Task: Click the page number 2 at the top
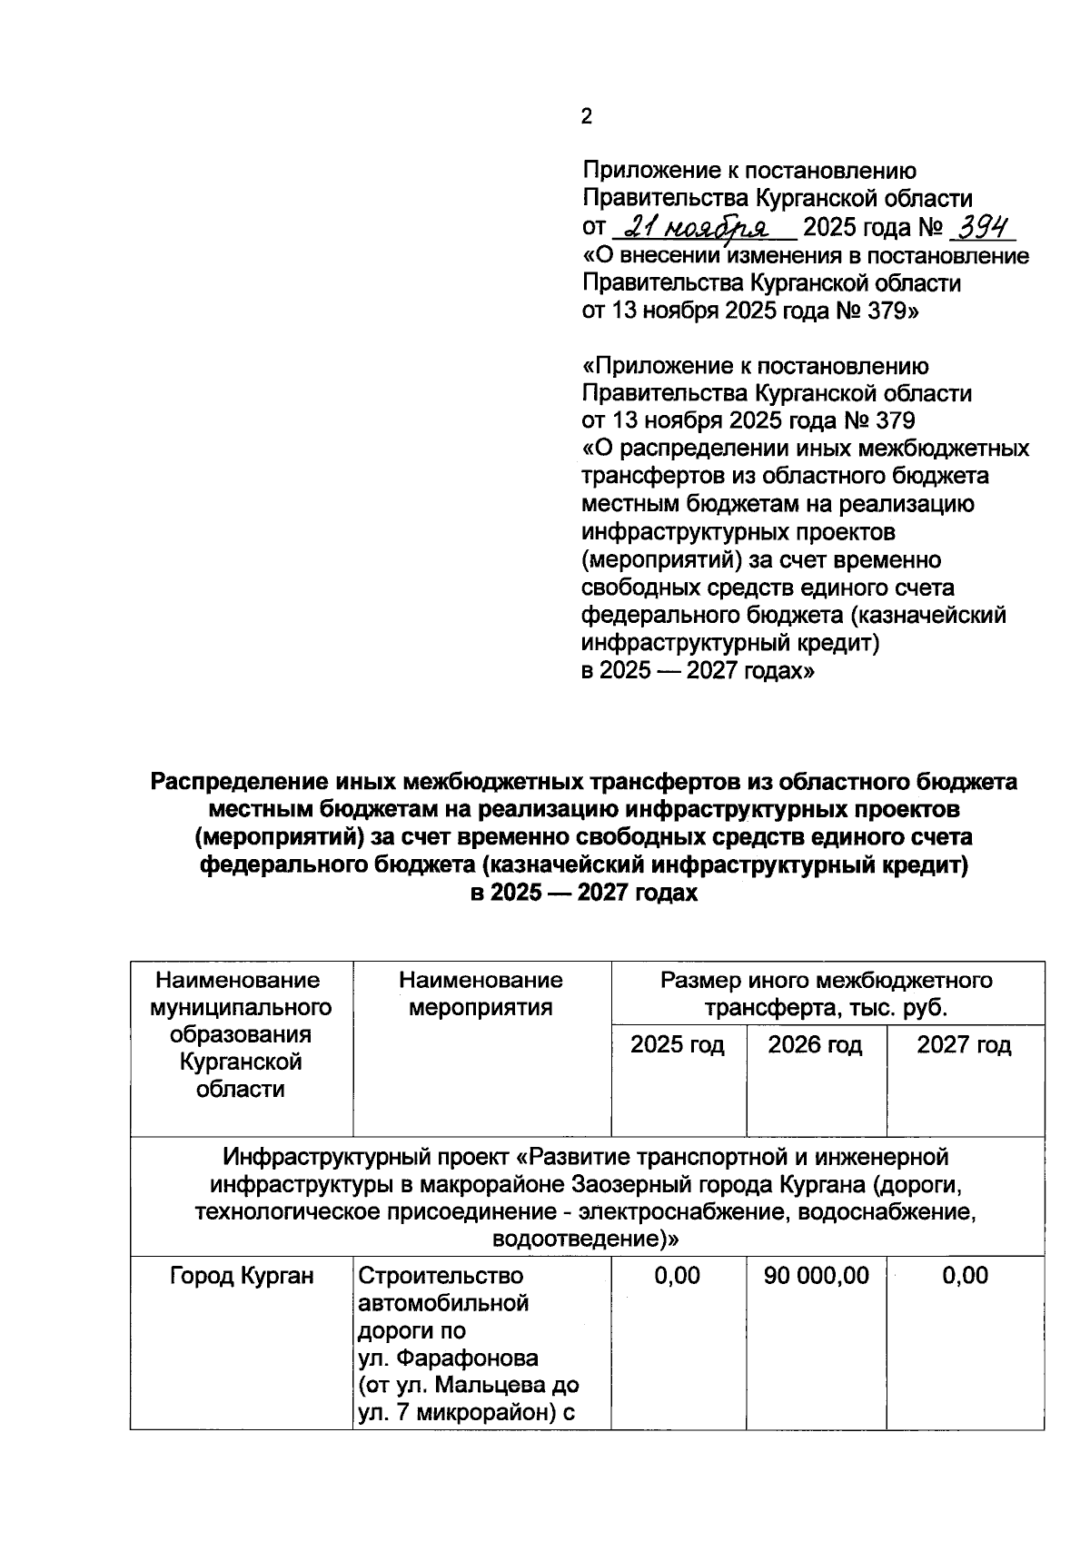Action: click(587, 117)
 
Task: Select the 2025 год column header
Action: click(678, 1045)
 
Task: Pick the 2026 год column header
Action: click(815, 1045)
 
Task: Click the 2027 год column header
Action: click(963, 1045)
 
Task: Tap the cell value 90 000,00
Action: click(816, 1276)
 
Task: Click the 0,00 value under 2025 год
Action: click(678, 1276)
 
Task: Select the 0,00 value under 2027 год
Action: click(965, 1276)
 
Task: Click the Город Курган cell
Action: click(242, 1276)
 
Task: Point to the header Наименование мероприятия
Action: click(481, 993)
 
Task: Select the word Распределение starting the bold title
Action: click(239, 782)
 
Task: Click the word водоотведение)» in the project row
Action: click(585, 1240)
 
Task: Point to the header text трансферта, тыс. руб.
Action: click(827, 1008)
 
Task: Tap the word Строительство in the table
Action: click(441, 1276)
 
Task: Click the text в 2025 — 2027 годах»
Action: click(698, 671)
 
